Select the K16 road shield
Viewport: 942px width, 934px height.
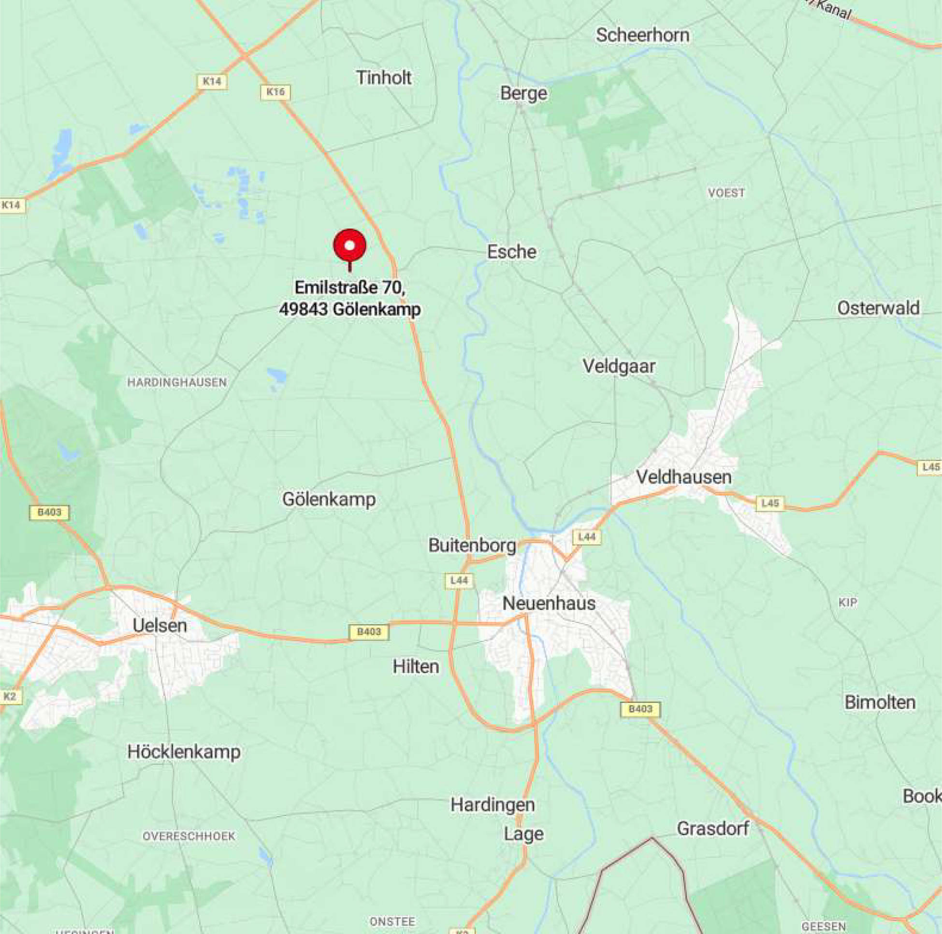pyautogui.click(x=275, y=92)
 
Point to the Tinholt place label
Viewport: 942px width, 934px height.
pyautogui.click(x=384, y=77)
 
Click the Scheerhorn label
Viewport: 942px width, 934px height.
pyautogui.click(x=643, y=35)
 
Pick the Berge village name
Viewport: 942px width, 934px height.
pyautogui.click(x=523, y=93)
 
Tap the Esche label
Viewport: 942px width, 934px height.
pyautogui.click(x=512, y=252)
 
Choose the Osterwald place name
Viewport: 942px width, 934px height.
pyautogui.click(x=879, y=308)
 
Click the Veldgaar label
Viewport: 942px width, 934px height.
pyautogui.click(x=619, y=367)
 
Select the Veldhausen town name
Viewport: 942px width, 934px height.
pyautogui.click(x=683, y=477)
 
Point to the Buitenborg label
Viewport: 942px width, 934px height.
pyautogui.click(x=472, y=546)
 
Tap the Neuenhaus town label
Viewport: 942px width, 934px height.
pyautogui.click(x=549, y=604)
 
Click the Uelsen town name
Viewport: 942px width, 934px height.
pyautogui.click(x=160, y=625)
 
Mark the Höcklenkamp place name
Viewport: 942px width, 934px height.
pyautogui.click(x=184, y=752)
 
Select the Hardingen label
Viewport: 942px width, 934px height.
pyautogui.click(x=493, y=805)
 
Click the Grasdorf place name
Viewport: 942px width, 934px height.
pyautogui.click(x=713, y=828)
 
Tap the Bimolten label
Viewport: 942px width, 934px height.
pyautogui.click(x=880, y=703)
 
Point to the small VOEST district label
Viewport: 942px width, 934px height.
pyautogui.click(x=726, y=193)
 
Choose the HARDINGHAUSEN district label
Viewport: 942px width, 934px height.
pyautogui.click(x=177, y=382)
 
